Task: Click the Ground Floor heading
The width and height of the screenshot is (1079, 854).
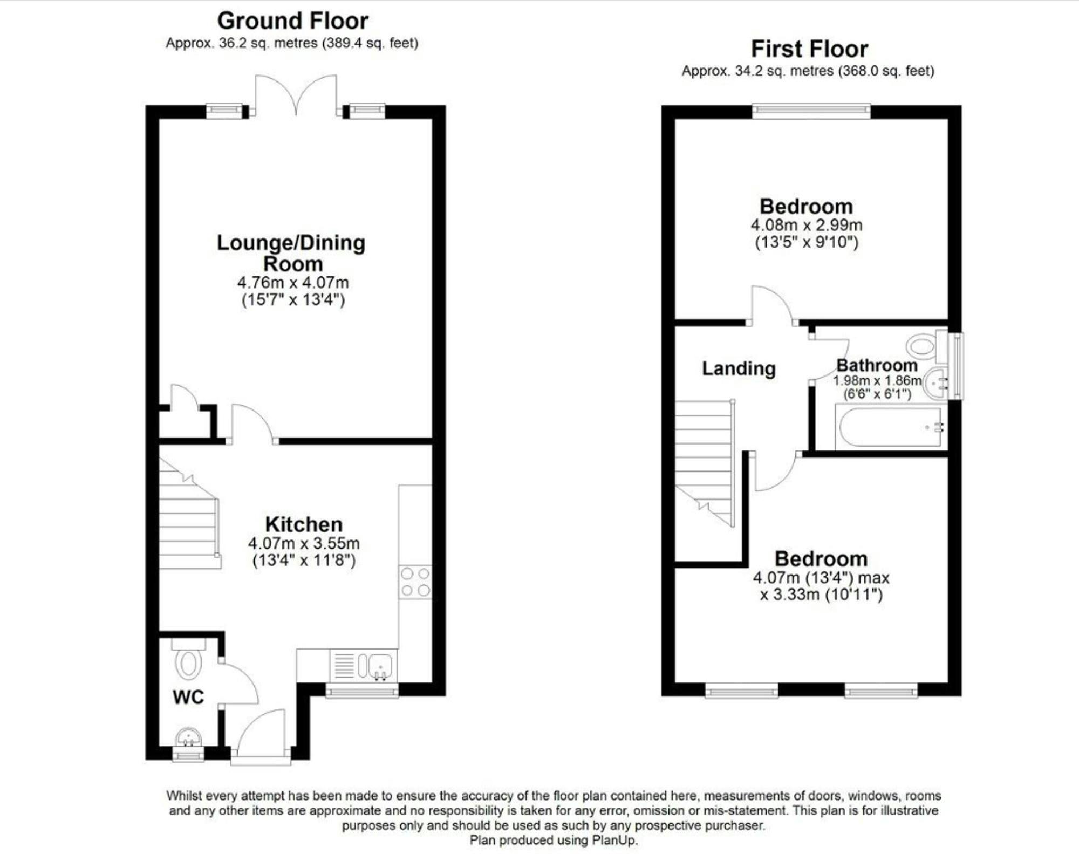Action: (293, 21)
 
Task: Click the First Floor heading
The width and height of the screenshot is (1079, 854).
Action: (810, 49)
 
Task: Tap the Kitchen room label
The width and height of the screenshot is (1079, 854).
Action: (304, 524)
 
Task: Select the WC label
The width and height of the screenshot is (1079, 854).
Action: (188, 697)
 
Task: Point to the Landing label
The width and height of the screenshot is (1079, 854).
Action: (739, 368)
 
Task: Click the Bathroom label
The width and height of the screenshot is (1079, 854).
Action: (877, 365)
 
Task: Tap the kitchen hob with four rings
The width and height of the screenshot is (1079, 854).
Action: (415, 582)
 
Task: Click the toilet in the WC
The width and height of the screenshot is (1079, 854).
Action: (188, 659)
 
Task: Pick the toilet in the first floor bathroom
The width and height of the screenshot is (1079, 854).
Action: (927, 346)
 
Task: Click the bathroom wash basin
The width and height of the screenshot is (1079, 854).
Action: (935, 383)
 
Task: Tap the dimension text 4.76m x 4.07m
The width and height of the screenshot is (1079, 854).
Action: (293, 282)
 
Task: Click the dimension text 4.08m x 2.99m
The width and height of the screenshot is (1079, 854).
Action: (807, 225)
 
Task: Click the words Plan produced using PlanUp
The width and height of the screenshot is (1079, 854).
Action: (554, 840)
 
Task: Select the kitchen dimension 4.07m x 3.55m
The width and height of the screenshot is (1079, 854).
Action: (304, 543)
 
